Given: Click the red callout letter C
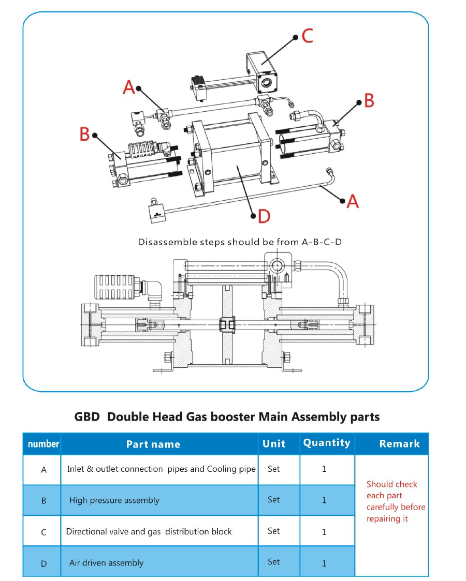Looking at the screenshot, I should coord(307,36).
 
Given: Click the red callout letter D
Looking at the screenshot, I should coord(264,216).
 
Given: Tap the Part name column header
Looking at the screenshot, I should coord(153,444).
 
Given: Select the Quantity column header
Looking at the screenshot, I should coord(327,443).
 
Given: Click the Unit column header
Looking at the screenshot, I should coord(274,443).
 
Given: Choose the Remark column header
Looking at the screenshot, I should coord(399,443).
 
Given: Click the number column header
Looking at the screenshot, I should coord(43,444).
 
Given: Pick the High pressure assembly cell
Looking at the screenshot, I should coord(114,500).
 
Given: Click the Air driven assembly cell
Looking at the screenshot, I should coord(106,563).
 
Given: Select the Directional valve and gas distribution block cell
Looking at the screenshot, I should coord(149,531).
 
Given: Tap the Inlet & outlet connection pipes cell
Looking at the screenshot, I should coord(161,469).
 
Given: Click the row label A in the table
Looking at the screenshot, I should coord(43,470).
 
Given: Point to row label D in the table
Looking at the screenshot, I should coord(43,563).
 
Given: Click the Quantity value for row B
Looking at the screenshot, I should coord(324,500).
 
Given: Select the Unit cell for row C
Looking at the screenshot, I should coord(273,531).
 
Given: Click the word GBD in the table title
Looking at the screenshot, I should coord(87,416).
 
